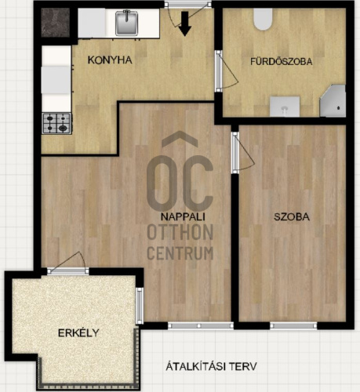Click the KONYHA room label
pos(110,60)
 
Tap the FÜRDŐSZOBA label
pos(282,61)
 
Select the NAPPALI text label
pos(183,216)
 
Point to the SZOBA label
pos(292,217)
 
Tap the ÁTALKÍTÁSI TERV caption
pos(211,366)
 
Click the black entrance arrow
pos(185,24)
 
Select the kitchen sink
pos(127,23)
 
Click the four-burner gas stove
pos(56,124)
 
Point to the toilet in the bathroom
pos(263,19)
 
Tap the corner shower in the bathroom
pos(333,100)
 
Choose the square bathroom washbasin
pos(285,107)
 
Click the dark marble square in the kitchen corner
pos(56,23)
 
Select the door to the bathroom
pos(227,71)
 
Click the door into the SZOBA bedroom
pos(243,153)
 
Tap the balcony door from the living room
pos(68,263)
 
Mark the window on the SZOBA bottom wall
pos(293,325)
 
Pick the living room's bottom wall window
pos(201,325)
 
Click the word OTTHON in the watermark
pos(180,232)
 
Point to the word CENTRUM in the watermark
pos(180,253)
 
